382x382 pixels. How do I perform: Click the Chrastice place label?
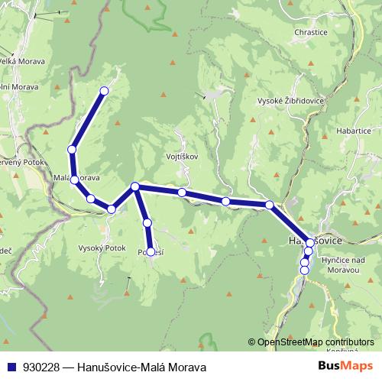pyautogui.click(x=311, y=33)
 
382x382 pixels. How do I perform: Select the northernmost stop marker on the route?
pyautogui.click(x=105, y=91)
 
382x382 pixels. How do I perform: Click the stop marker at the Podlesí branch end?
pyautogui.click(x=151, y=251)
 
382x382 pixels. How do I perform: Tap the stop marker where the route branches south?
pyautogui.click(x=135, y=186)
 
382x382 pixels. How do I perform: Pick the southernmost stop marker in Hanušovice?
pyautogui.click(x=304, y=269)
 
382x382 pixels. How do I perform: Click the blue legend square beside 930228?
pyautogui.click(x=11, y=367)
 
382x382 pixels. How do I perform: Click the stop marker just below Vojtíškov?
pyautogui.click(x=182, y=193)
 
